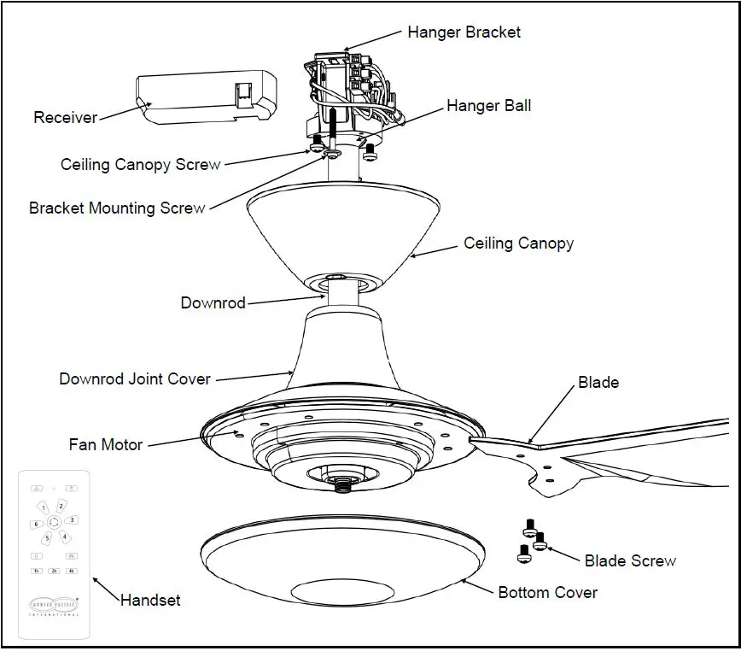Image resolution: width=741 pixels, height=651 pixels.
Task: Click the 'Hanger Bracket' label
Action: (x=464, y=32)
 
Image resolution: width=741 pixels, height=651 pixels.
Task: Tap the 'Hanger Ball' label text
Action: (x=488, y=106)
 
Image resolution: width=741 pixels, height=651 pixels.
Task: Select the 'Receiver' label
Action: (x=66, y=118)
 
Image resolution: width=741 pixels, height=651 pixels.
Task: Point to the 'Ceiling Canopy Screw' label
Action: (x=141, y=164)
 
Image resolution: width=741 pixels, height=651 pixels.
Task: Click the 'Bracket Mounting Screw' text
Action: (x=117, y=208)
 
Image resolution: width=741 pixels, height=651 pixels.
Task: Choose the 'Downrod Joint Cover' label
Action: (x=135, y=378)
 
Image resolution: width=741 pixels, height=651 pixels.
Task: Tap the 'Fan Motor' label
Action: (x=106, y=444)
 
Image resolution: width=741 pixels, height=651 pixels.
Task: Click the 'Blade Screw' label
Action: (x=630, y=561)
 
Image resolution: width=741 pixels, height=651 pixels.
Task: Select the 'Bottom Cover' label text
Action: (x=547, y=592)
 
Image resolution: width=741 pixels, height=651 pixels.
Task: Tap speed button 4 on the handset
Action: (x=64, y=537)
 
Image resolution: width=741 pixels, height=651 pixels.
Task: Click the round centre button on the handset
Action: (x=53, y=522)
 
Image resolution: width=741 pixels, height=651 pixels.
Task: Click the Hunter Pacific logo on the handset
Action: (x=53, y=602)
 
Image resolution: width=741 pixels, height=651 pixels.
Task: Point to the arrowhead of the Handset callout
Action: (x=95, y=581)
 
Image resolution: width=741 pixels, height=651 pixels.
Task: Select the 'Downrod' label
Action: (x=213, y=303)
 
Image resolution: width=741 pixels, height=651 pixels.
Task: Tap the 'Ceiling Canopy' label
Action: (x=518, y=243)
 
